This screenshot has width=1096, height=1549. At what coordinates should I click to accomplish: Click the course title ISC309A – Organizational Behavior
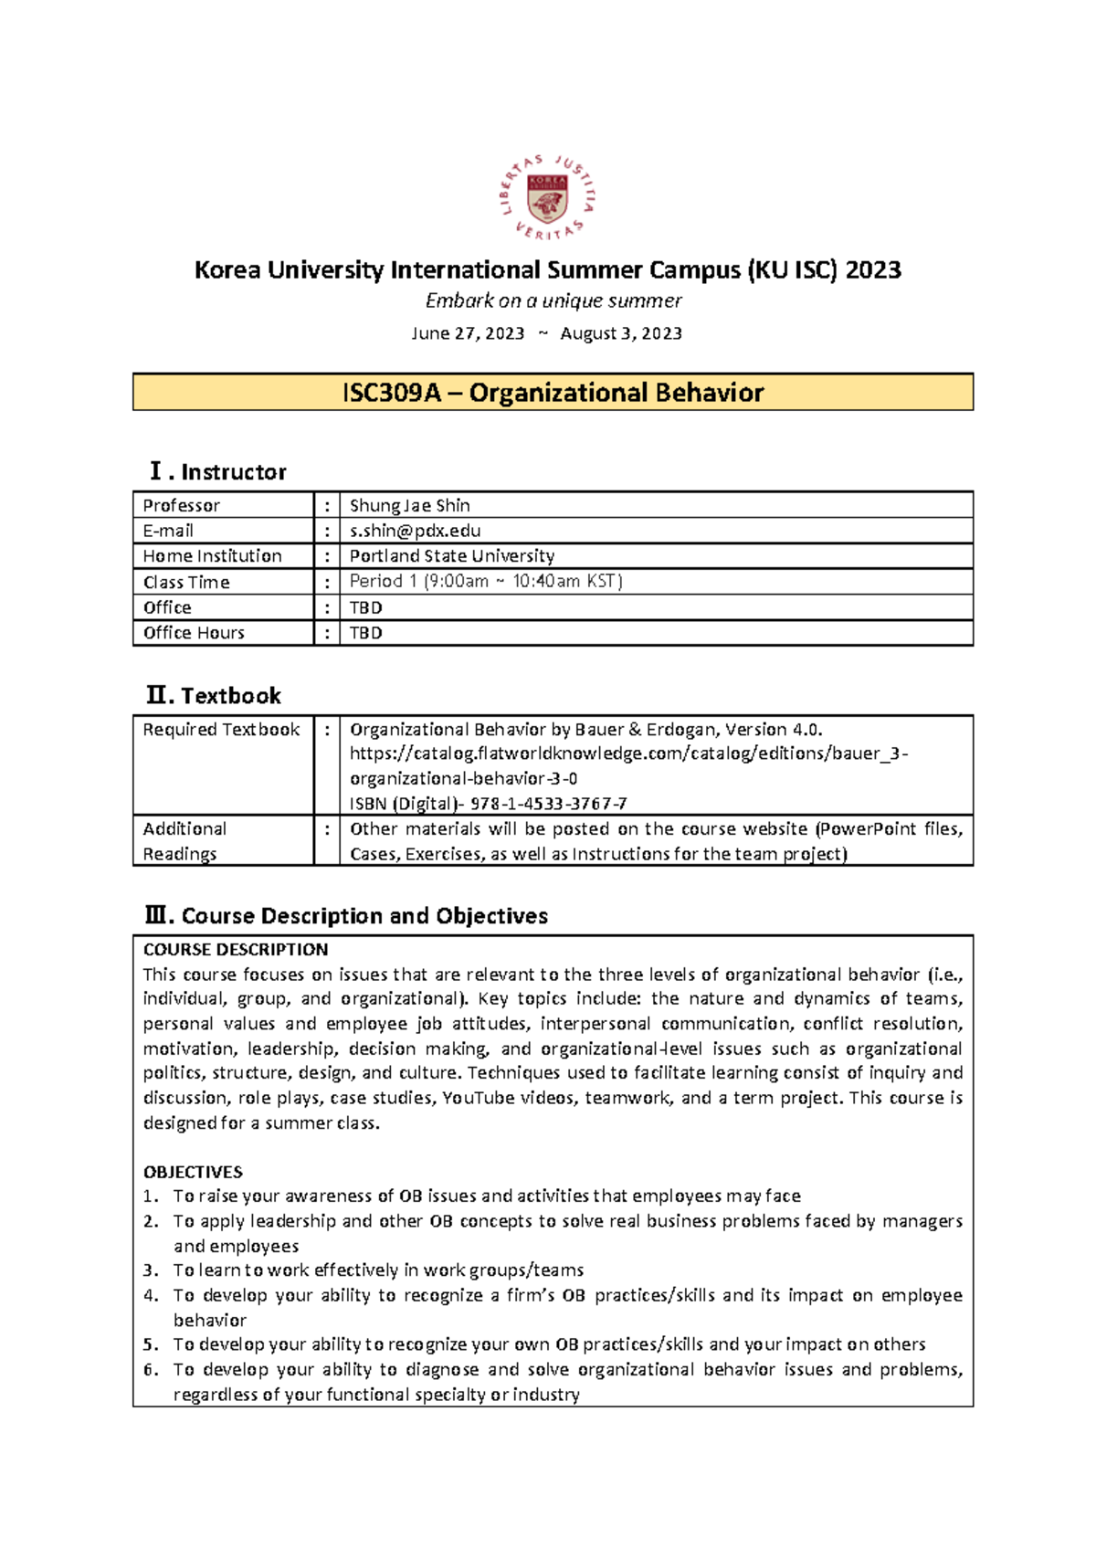tap(553, 393)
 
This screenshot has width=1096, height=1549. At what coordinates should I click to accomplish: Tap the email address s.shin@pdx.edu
tap(415, 531)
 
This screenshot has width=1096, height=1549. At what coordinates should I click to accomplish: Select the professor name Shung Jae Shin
tap(409, 505)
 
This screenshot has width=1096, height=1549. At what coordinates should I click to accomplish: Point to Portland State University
tap(451, 555)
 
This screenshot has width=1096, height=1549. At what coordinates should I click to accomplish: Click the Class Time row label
tap(186, 582)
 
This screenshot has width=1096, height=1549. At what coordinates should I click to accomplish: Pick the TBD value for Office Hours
tap(365, 632)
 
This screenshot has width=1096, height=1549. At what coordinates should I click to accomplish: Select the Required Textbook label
tap(221, 730)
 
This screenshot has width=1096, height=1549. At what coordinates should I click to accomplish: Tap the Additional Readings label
tap(184, 840)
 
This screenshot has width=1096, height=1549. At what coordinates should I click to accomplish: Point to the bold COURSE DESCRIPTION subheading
tap(235, 949)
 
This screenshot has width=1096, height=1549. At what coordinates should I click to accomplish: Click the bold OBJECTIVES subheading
tap(193, 1172)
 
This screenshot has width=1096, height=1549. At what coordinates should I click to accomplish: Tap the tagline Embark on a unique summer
tap(553, 300)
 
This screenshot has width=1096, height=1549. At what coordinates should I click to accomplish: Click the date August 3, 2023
tap(621, 333)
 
